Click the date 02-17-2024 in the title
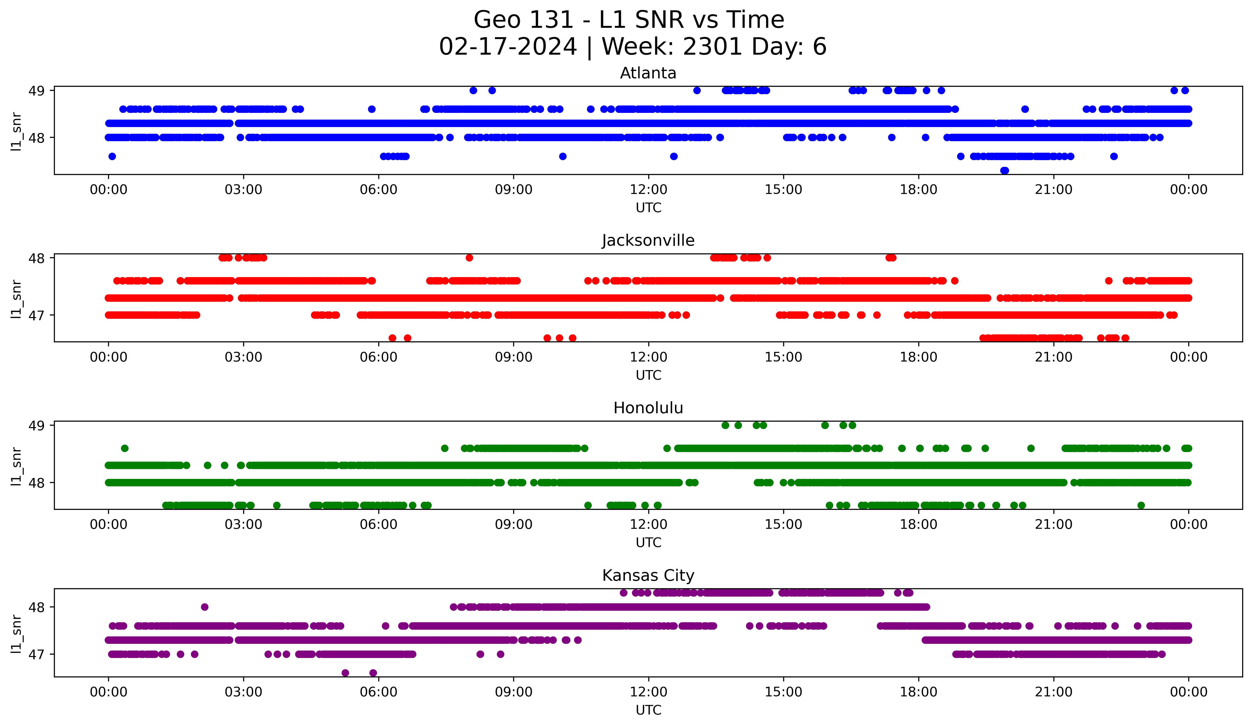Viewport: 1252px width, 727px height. click(508, 47)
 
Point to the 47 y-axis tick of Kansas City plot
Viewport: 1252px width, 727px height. click(36, 654)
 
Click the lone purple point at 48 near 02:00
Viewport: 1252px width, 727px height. click(205, 607)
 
